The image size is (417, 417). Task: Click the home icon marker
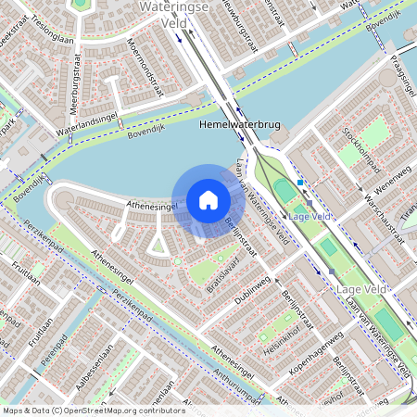(208, 199)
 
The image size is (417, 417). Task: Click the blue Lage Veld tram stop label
(310, 216)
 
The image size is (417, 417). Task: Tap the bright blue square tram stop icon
(301, 183)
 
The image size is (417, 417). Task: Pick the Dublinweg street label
(251, 288)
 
